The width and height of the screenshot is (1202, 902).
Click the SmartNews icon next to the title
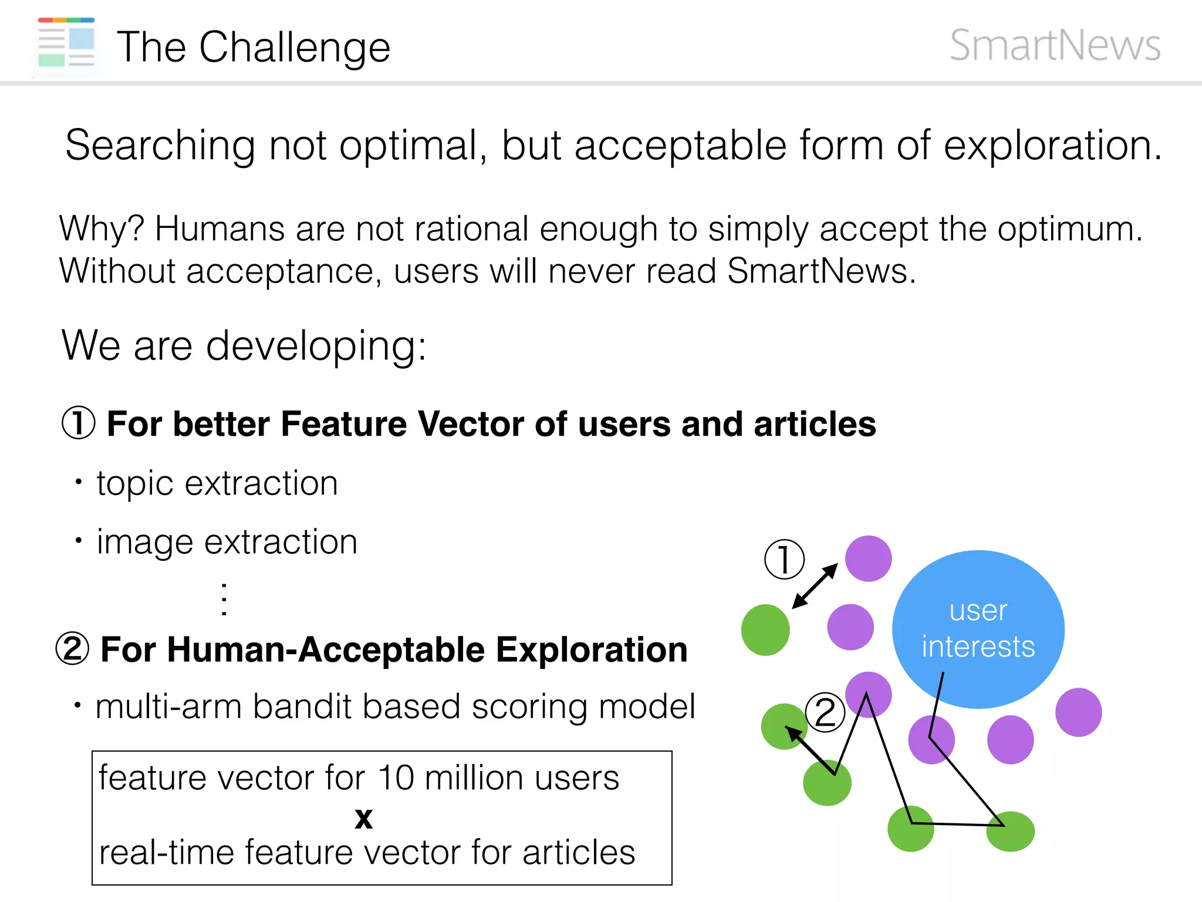click(66, 43)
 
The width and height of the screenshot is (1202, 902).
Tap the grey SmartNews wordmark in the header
click(1055, 45)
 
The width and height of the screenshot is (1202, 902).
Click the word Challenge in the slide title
click(295, 48)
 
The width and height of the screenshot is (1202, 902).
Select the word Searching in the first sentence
click(160, 146)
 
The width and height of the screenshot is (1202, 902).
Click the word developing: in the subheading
click(316, 346)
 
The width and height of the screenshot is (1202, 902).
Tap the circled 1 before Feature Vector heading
click(78, 423)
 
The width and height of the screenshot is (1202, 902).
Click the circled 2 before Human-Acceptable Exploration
click(72, 649)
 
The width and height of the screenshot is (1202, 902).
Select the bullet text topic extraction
click(217, 483)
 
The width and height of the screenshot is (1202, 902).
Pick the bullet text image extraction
click(227, 541)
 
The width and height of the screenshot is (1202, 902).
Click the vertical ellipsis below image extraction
click(224, 599)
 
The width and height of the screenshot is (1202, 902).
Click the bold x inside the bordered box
click(364, 817)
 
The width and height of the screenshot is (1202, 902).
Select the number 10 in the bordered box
click(396, 778)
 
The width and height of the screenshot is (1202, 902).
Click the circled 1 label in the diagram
click(784, 559)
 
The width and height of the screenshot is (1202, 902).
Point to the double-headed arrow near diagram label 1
click(815, 586)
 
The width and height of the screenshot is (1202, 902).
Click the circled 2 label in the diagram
click(825, 712)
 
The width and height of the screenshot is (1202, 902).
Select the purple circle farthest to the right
click(1078, 712)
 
